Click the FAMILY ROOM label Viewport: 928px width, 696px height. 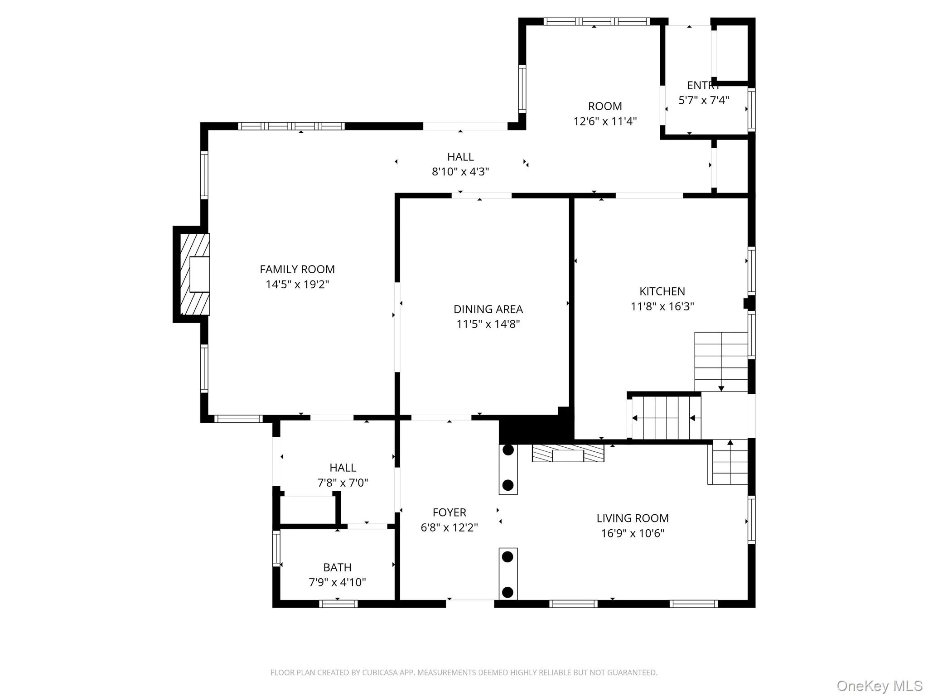pyautogui.click(x=297, y=269)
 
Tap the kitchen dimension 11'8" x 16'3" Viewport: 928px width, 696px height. pyautogui.click(x=662, y=306)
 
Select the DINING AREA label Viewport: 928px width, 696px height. pyautogui.click(x=488, y=309)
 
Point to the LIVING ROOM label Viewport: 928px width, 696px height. pyautogui.click(x=633, y=518)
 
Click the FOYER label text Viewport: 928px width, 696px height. pyautogui.click(x=449, y=512)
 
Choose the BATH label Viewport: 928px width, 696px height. pyautogui.click(x=337, y=567)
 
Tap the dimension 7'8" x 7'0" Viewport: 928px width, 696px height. pyautogui.click(x=343, y=483)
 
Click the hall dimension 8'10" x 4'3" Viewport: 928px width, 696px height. pyautogui.click(x=460, y=172)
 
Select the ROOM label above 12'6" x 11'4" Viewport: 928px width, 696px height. pyautogui.click(x=605, y=106)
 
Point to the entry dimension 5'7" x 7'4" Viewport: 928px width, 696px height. pyautogui.click(x=703, y=100)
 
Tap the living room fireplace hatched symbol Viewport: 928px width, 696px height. pyautogui.click(x=568, y=453)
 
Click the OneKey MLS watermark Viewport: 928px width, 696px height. pyautogui.click(x=879, y=686)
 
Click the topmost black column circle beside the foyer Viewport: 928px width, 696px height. pyautogui.click(x=508, y=450)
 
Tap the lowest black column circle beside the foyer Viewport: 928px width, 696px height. pyautogui.click(x=508, y=592)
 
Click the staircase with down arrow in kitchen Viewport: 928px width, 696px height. pyautogui.click(x=720, y=361)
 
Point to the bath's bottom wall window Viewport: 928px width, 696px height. pyautogui.click(x=338, y=604)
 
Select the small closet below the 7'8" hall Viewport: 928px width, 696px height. pyautogui.click(x=307, y=510)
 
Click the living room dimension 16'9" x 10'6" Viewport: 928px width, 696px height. pyautogui.click(x=633, y=533)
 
